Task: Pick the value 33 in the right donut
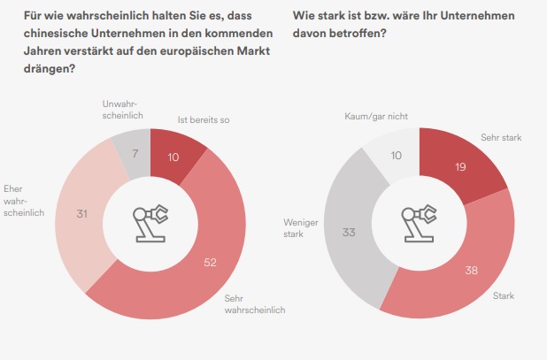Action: click(348, 233)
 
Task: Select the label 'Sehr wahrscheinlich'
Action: click(248, 303)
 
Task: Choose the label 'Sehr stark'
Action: click(502, 139)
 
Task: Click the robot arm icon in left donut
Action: click(150, 221)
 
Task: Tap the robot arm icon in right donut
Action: click(419, 221)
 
